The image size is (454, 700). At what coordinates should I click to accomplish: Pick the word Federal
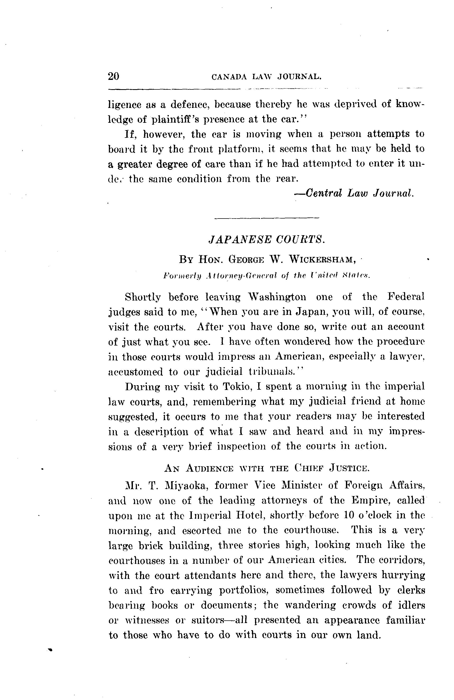pyautogui.click(x=406, y=296)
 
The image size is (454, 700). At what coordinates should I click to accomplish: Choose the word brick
pyautogui.click(x=151, y=545)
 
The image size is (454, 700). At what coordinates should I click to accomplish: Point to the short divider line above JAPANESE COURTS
pyautogui.click(x=267, y=218)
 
